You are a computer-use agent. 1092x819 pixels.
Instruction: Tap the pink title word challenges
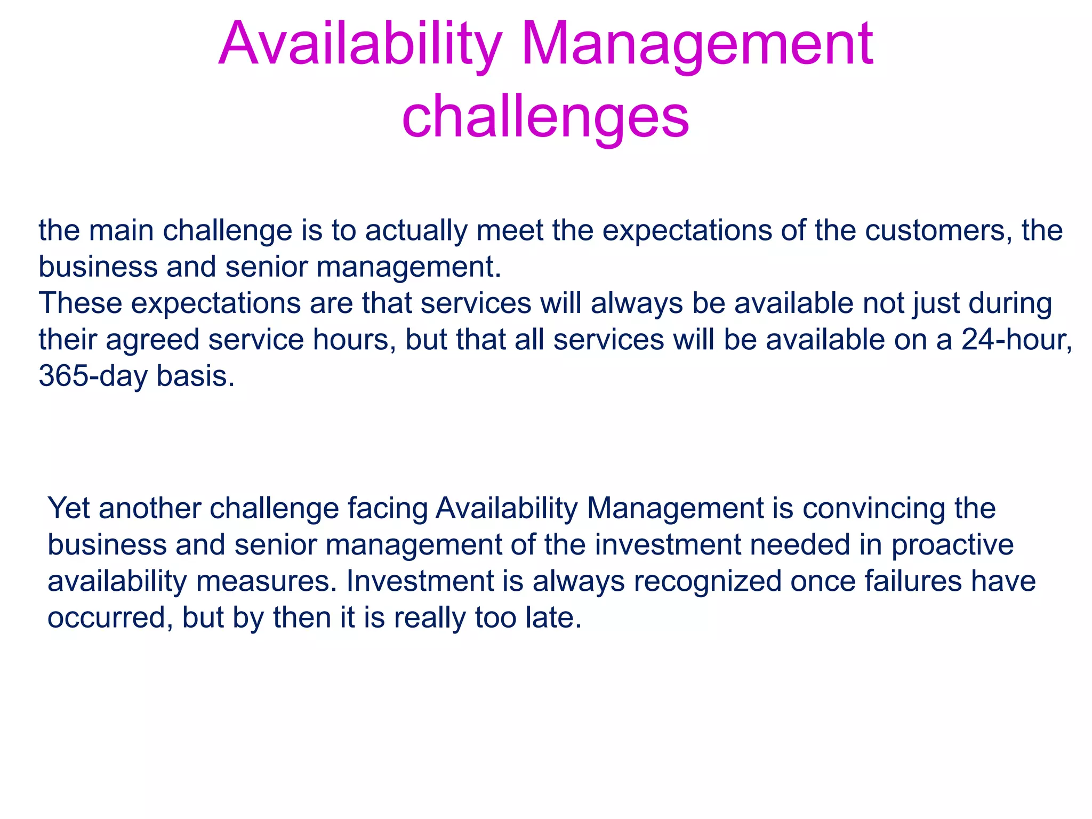(x=545, y=116)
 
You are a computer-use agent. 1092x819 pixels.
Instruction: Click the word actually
(x=416, y=231)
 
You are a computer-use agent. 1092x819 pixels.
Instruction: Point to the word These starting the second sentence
(x=81, y=303)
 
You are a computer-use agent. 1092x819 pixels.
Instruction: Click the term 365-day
(x=93, y=376)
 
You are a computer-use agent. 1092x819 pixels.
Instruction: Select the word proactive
(x=952, y=545)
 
